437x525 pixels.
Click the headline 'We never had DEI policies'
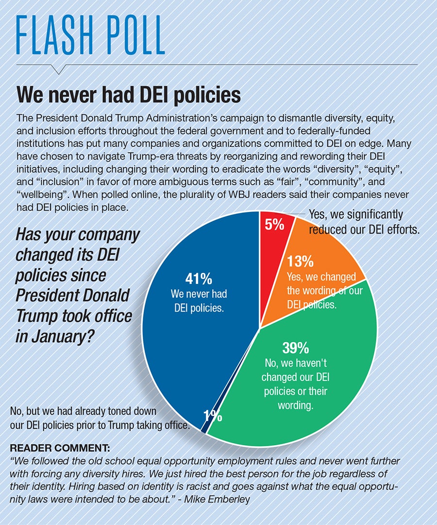(129, 95)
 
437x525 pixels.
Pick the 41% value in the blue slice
(199, 279)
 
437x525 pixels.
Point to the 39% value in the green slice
(296, 348)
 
